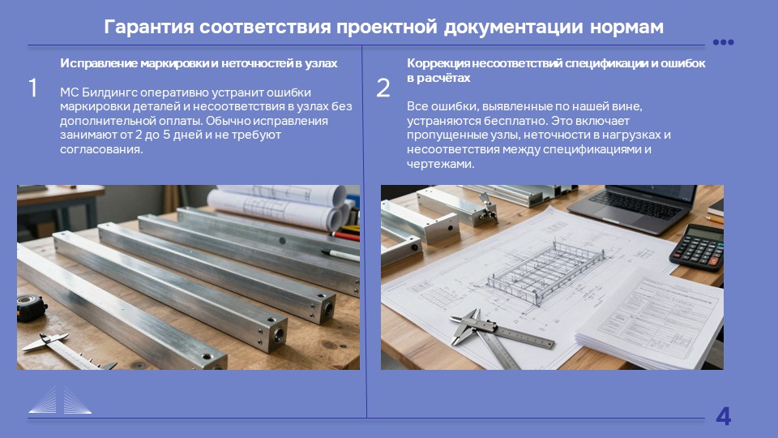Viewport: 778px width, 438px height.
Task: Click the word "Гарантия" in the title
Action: click(149, 27)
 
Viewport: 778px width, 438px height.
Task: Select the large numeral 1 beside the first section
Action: click(32, 88)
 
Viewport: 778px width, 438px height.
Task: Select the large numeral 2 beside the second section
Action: click(383, 88)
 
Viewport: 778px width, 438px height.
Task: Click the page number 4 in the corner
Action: click(724, 416)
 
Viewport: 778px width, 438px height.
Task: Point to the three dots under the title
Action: click(723, 42)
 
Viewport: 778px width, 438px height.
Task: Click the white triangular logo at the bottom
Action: click(60, 400)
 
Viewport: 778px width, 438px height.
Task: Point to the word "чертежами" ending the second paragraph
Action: click(440, 165)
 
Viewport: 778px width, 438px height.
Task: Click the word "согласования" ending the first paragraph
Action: click(101, 149)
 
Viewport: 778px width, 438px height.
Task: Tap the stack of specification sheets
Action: click(650, 320)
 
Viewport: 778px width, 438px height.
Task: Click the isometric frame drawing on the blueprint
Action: click(545, 271)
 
